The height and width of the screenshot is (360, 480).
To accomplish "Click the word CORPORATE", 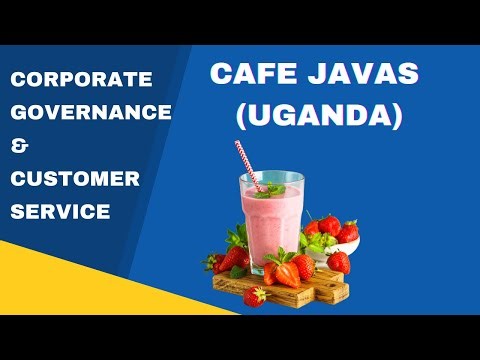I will pos(81,79).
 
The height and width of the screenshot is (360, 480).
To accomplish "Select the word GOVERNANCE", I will pos(91,112).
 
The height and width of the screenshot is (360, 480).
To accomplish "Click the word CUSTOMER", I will pos(74,179).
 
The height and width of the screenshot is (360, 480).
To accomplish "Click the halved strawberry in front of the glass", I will pos(286,272).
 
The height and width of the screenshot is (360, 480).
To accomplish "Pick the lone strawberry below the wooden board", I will pos(255,296).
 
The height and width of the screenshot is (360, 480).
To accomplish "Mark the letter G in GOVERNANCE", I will pos(20,112).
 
